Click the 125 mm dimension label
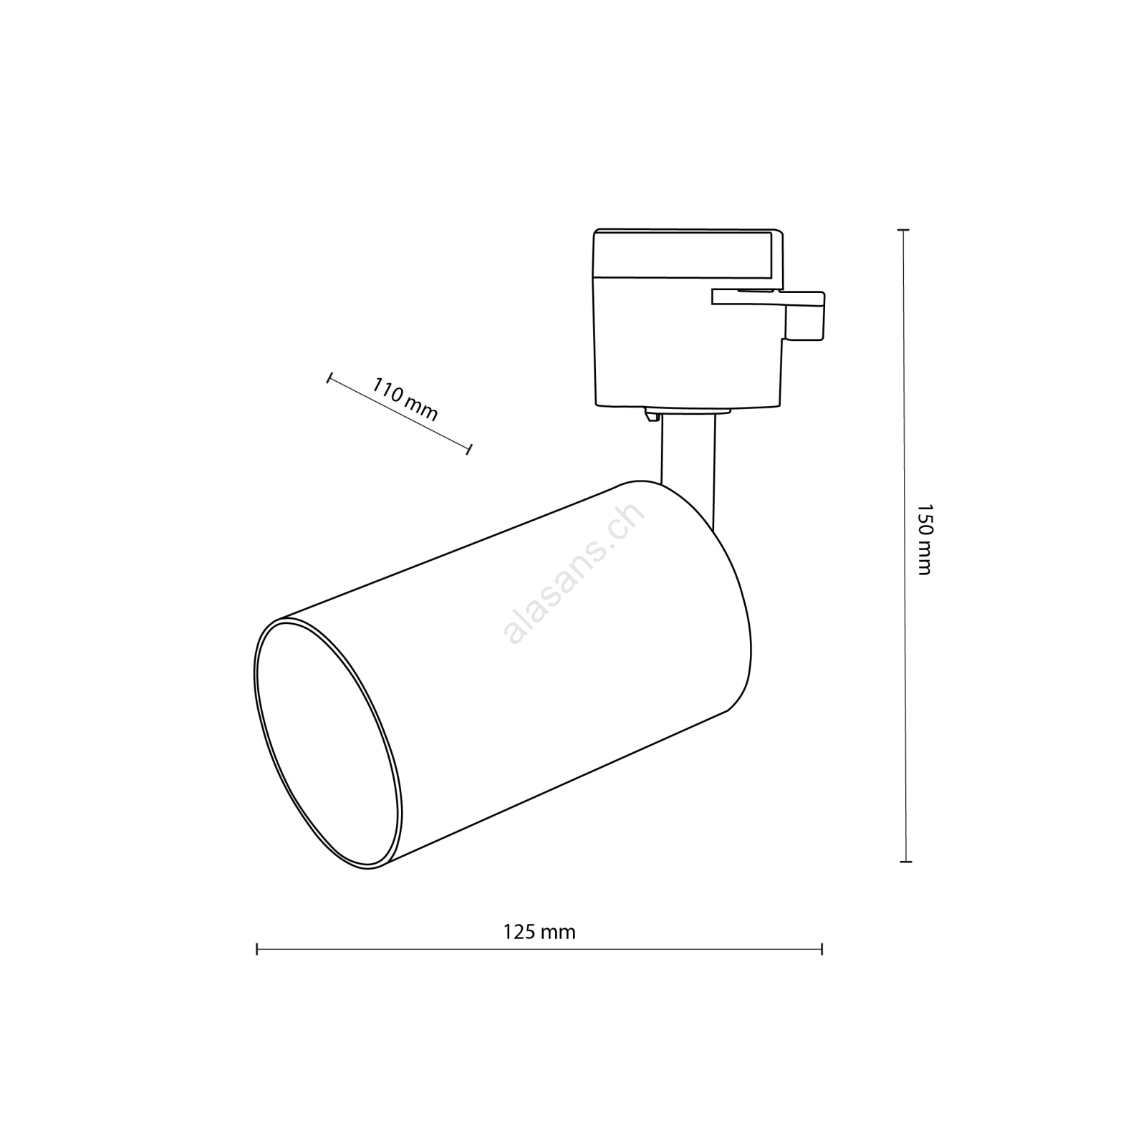pyautogui.click(x=539, y=932)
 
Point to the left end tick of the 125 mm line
pyautogui.click(x=257, y=950)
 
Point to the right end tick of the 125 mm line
pyautogui.click(x=822, y=950)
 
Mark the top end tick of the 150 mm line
pyautogui.click(x=904, y=230)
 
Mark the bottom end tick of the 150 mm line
pyautogui.click(x=906, y=861)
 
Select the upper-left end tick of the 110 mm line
pyautogui.click(x=329, y=378)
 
